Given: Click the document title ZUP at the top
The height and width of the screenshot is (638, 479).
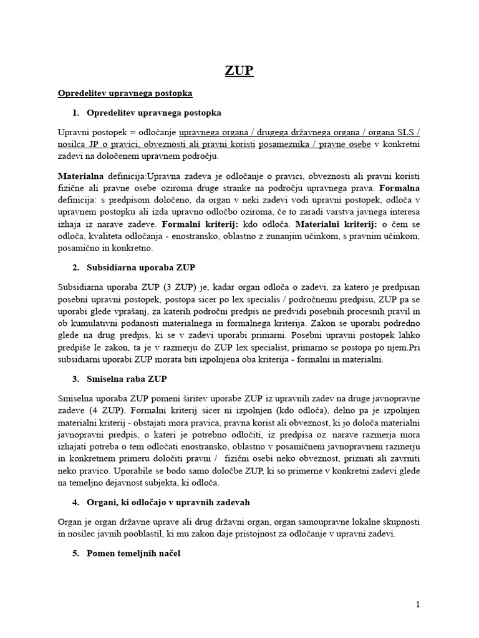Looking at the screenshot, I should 239,70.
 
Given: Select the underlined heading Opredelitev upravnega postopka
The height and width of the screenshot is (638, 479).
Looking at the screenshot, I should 125,93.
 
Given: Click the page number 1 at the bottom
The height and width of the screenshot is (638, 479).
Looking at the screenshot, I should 419,604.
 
